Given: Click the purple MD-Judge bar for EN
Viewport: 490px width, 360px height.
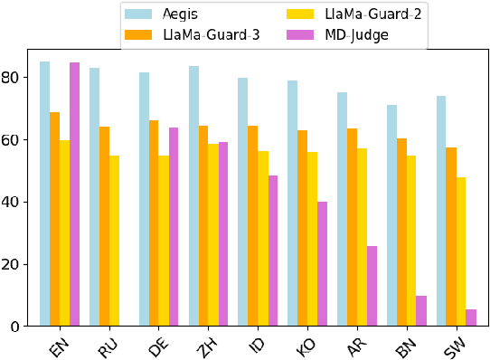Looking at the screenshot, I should [x=74, y=194].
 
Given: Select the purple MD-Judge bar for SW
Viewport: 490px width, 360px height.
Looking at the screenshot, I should [x=471, y=317].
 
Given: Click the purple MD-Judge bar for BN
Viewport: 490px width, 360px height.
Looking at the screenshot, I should [x=421, y=311].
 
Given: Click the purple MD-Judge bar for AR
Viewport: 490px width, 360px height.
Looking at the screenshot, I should [x=372, y=286].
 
